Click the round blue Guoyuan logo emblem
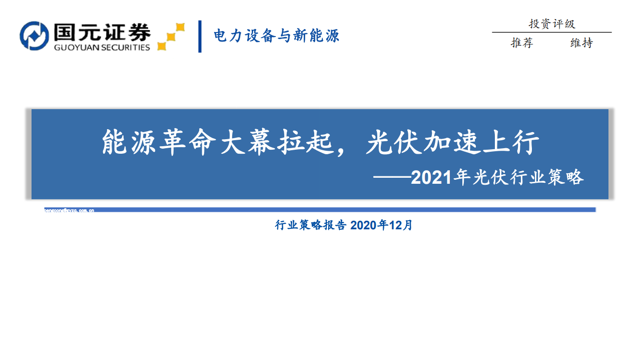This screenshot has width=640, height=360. (x=34, y=36)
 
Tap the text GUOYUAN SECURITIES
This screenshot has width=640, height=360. (x=102, y=48)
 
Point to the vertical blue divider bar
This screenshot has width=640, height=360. (x=200, y=36)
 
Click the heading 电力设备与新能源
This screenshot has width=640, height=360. (x=276, y=36)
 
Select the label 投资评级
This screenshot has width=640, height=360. (x=551, y=24)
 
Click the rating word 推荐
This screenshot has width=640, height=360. (x=521, y=43)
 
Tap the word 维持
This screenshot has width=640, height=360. (x=581, y=43)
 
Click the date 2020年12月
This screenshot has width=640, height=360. (x=381, y=225)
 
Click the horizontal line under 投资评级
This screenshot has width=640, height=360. (x=551, y=33)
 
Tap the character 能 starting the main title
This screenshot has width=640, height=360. (x=114, y=143)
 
